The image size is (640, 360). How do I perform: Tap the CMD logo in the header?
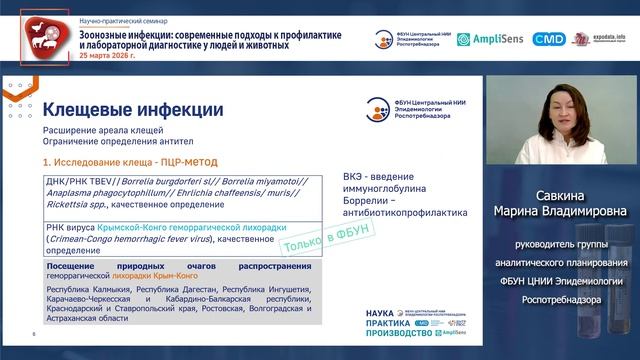click(x=548, y=39)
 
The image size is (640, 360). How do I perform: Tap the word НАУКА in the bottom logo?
click(x=385, y=314)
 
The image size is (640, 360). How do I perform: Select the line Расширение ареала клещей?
click(x=98, y=131)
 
